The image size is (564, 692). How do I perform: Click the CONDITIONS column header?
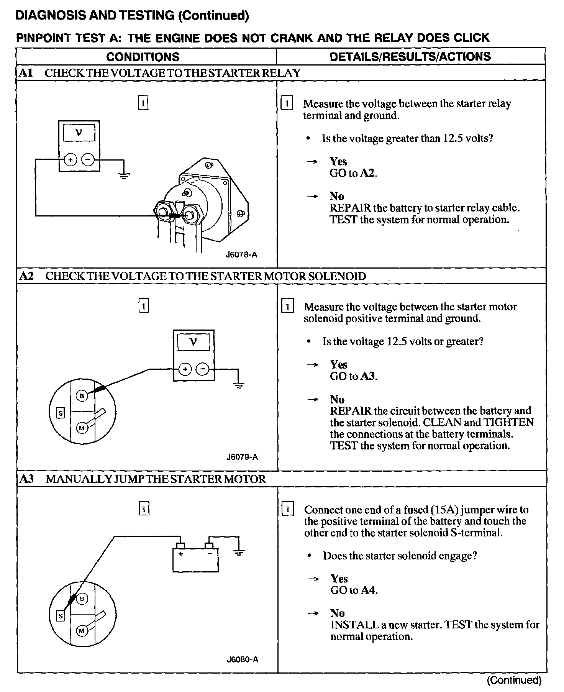(143, 57)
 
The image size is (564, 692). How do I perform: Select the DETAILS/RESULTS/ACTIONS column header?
(410, 56)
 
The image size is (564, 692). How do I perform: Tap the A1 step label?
(25, 73)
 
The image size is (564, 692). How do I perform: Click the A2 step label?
(26, 276)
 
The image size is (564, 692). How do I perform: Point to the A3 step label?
(26, 479)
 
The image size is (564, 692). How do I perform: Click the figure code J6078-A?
(241, 254)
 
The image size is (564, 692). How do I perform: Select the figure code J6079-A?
(242, 457)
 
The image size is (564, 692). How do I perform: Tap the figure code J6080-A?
(242, 659)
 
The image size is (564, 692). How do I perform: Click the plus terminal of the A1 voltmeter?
(70, 159)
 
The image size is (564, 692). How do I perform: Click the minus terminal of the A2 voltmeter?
(203, 369)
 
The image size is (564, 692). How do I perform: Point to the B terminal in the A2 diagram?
(82, 396)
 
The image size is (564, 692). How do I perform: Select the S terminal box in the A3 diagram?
(60, 616)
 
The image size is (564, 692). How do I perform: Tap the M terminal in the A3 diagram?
(82, 631)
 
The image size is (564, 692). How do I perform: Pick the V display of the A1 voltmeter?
(79, 133)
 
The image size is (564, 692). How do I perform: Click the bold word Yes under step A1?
(338, 161)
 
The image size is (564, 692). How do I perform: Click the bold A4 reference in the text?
(369, 590)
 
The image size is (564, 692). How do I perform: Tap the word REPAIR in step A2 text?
(351, 411)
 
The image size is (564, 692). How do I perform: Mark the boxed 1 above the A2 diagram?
(143, 306)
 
